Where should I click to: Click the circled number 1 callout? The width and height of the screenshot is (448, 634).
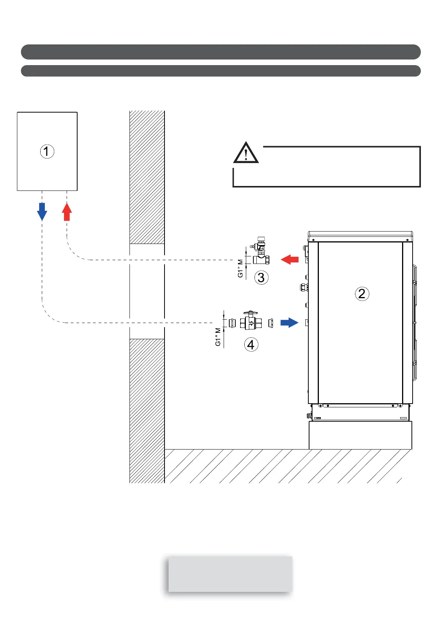[47, 151]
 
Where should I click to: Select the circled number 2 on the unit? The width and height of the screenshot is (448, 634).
[362, 294]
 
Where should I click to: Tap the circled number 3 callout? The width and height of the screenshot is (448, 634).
[261, 278]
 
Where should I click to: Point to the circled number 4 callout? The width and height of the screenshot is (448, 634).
[251, 344]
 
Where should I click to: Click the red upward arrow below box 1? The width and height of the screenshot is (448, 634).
[67, 212]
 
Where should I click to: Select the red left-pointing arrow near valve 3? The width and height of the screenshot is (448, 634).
[290, 259]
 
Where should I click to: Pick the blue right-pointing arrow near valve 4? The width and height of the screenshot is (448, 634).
[289, 323]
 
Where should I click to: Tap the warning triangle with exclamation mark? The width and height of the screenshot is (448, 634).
[246, 153]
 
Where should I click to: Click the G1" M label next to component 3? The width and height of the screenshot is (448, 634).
[240, 268]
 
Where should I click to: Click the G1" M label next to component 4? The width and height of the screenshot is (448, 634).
[218, 337]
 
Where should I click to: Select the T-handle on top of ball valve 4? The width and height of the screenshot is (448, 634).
[250, 312]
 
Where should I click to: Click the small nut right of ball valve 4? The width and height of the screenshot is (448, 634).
[270, 323]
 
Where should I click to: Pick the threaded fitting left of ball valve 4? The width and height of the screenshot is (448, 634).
[232, 323]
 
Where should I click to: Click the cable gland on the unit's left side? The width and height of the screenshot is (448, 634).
[304, 288]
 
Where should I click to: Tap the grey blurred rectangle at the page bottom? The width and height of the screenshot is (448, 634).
[230, 574]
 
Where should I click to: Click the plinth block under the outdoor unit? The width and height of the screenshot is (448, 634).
[360, 435]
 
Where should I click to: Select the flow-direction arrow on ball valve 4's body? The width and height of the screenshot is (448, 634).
[251, 323]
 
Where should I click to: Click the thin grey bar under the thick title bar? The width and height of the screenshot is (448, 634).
[221, 71]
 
